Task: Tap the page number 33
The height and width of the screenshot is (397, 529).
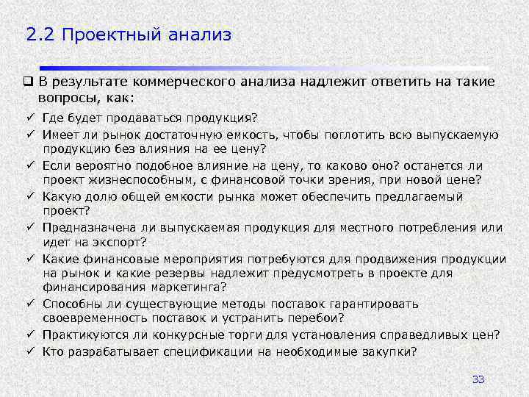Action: (478, 379)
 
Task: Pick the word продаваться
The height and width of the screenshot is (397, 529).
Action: (139, 118)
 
